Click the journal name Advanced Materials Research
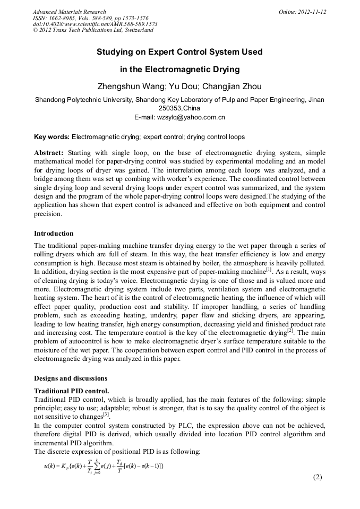69,12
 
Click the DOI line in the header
95,24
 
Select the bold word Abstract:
49,152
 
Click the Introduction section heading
54,234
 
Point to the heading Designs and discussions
71,378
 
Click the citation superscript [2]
290,330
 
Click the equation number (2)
318,477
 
